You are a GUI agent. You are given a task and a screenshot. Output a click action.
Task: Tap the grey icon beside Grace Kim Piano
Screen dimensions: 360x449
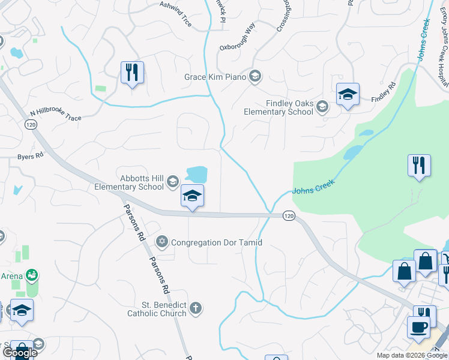tap(255, 76)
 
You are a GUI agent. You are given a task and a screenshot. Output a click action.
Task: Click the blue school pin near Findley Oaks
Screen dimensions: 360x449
tap(348, 95)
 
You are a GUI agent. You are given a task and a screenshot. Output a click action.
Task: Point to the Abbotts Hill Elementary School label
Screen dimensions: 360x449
tap(129, 182)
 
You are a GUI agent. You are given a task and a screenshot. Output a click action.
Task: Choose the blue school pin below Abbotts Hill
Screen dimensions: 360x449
tap(192, 196)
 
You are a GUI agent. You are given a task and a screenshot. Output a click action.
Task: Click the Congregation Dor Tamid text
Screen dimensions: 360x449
tap(217, 242)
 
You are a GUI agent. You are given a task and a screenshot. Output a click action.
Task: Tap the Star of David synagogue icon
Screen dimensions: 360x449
tap(161, 242)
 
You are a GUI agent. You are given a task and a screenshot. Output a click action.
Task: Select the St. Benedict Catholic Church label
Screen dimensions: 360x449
tap(157, 309)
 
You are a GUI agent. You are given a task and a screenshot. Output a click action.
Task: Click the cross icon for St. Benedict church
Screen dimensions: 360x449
tap(195, 309)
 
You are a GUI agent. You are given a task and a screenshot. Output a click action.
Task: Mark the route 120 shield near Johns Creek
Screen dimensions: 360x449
tap(289, 215)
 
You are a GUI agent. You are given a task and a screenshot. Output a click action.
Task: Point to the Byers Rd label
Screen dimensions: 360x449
tap(31, 156)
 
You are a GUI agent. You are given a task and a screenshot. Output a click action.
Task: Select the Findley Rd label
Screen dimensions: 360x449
tap(384, 92)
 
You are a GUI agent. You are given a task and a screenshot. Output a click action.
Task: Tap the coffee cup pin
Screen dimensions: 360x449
tap(418, 328)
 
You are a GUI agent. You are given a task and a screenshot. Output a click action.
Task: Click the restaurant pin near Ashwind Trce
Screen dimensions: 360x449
tap(131, 73)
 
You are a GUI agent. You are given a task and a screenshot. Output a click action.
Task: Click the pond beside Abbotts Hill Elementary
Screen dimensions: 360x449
tap(196, 174)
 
